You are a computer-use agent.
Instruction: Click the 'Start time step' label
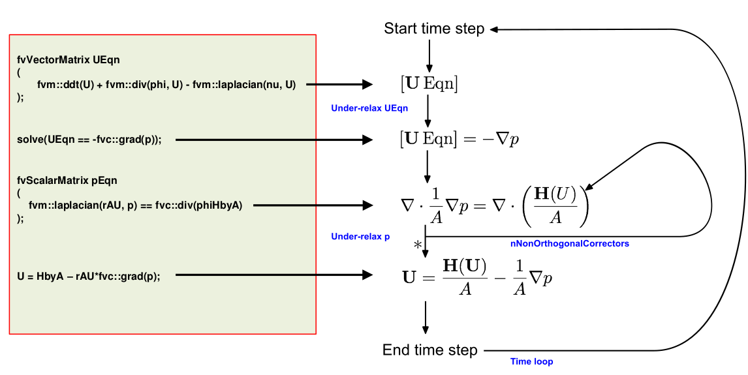click(434, 29)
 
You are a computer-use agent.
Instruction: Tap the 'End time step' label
click(429, 350)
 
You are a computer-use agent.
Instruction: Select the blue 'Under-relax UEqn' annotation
click(369, 108)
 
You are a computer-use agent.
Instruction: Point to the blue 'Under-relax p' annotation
click(360, 236)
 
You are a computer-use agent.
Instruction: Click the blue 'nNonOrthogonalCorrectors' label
click(569, 243)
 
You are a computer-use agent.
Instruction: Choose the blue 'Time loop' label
click(531, 361)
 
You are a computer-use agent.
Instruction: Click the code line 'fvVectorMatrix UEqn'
click(69, 59)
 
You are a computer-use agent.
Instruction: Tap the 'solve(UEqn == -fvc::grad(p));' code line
click(89, 140)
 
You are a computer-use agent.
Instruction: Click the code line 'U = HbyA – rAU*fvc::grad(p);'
click(88, 276)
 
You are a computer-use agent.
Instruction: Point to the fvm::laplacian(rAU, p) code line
click(135, 205)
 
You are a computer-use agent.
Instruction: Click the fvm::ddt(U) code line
click(157, 84)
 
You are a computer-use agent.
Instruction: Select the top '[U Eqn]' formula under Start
click(429, 83)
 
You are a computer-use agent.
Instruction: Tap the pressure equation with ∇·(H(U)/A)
click(494, 205)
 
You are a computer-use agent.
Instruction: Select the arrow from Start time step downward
click(429, 55)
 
